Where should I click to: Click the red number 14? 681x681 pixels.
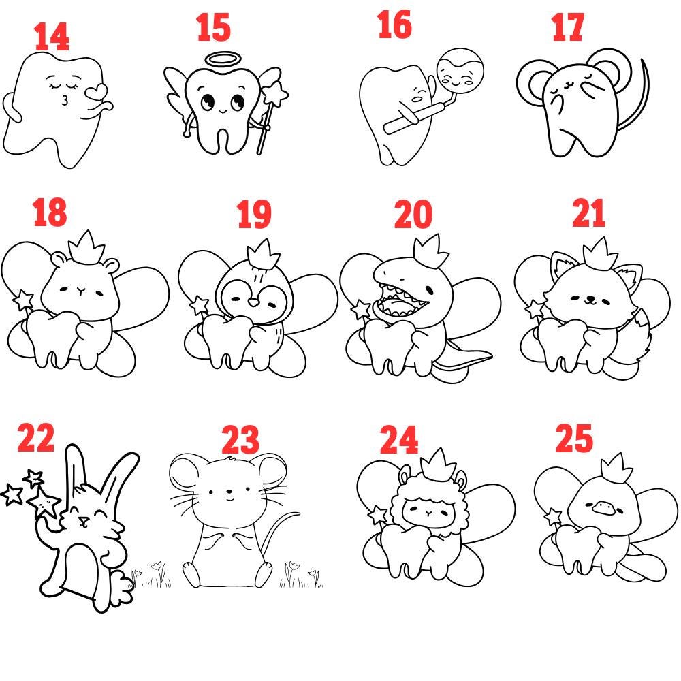52,37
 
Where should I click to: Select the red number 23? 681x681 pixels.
240,439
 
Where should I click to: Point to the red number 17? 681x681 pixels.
567,27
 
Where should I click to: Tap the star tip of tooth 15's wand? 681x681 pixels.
275,93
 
